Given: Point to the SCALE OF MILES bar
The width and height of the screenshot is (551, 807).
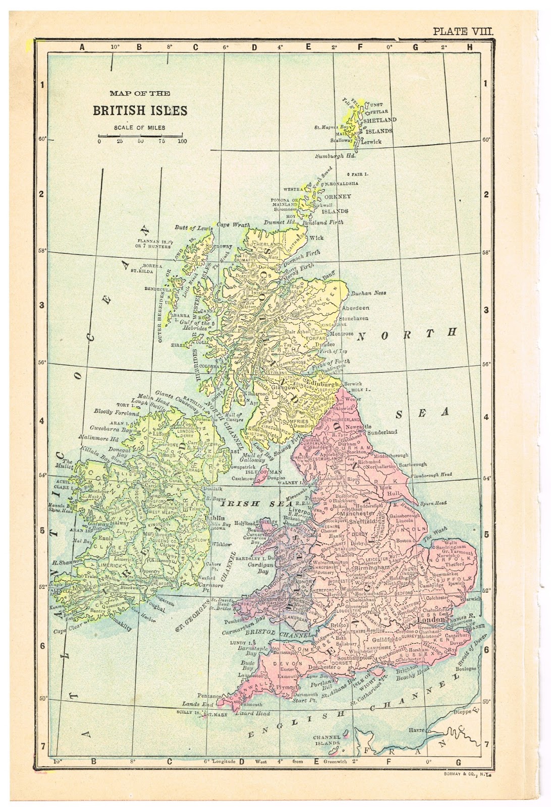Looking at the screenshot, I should tap(140, 136).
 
